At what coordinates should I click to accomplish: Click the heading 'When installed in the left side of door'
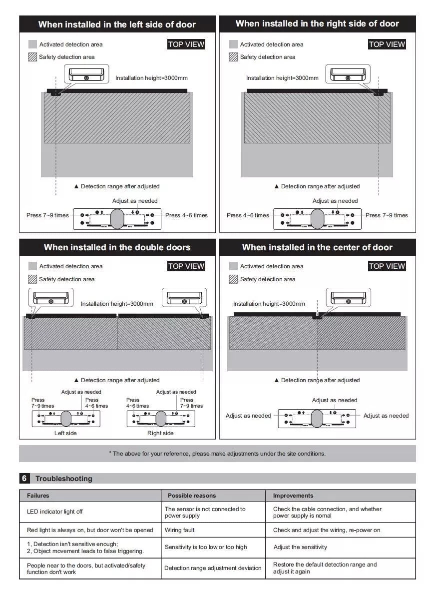point(117,24)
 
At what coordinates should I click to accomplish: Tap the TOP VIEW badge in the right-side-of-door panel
point(387,44)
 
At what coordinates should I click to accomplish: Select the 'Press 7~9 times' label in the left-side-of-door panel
point(47,215)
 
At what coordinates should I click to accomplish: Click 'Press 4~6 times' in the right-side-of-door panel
point(248,215)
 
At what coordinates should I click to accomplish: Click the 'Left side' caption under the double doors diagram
point(65,433)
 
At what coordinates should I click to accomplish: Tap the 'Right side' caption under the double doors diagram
point(160,433)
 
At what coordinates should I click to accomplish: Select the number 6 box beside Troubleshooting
point(24,479)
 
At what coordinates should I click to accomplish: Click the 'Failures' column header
point(38,496)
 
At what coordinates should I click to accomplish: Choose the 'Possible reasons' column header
point(192,496)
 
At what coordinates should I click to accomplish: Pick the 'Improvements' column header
point(293,496)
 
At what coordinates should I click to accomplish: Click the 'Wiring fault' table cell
point(180,530)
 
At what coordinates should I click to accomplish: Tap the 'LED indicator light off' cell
point(55,512)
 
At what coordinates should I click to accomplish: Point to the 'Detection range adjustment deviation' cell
point(213,568)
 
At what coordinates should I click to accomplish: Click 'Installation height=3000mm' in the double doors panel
point(117,304)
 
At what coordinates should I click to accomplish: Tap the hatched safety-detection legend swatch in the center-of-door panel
point(233,279)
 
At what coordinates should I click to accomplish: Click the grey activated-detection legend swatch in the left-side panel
point(32,44)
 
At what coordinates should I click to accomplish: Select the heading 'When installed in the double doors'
point(117,247)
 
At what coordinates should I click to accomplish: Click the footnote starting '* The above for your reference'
point(217,454)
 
